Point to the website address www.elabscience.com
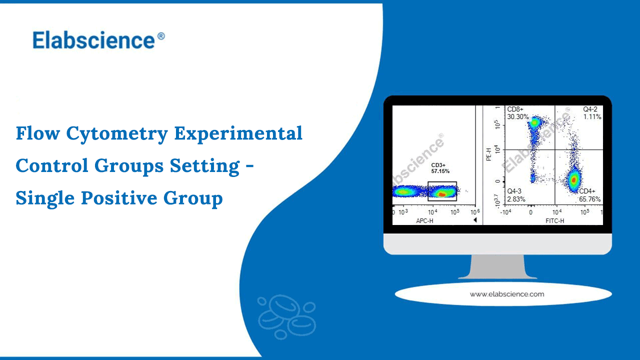(x=506, y=294)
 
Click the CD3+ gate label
(x=438, y=165)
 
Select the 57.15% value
(x=440, y=171)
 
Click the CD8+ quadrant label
(x=515, y=109)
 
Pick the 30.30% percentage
(x=517, y=116)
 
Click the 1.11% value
(x=592, y=116)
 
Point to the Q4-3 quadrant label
(x=515, y=191)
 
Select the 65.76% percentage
(x=590, y=199)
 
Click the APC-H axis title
(x=425, y=220)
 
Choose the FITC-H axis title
(x=554, y=220)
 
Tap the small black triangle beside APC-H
(x=475, y=220)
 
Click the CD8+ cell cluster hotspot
(x=534, y=121)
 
